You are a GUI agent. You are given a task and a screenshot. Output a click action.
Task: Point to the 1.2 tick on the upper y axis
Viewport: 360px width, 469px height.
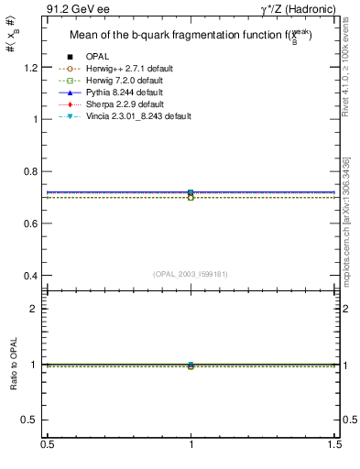click(33, 68)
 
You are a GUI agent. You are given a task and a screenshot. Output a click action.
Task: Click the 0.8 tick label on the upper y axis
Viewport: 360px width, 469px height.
click(33, 171)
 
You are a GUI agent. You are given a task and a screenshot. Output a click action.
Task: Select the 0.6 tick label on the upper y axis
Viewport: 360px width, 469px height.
click(33, 224)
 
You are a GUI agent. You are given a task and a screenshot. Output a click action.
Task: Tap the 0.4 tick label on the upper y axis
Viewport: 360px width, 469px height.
click(33, 276)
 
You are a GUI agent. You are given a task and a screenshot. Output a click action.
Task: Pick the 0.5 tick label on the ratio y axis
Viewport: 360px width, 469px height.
click(33, 420)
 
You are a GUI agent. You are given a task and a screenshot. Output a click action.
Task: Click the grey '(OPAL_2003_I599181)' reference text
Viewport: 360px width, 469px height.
click(191, 274)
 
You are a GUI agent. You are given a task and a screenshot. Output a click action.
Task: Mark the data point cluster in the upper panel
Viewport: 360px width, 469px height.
click(191, 194)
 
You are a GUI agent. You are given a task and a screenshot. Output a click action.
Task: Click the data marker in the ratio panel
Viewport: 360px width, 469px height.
click(191, 365)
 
